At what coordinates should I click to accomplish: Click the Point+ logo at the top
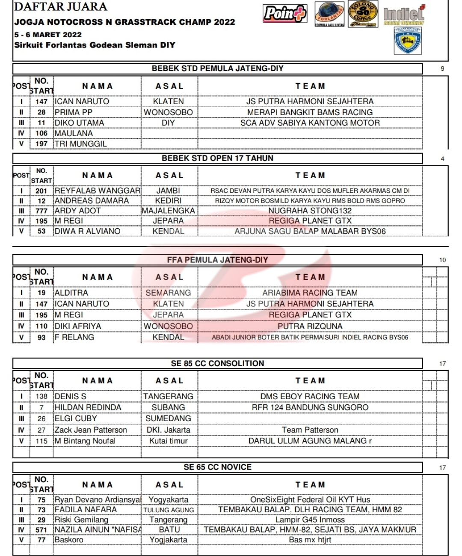284,13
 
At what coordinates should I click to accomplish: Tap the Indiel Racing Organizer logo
404,16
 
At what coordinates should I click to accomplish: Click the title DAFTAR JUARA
60,6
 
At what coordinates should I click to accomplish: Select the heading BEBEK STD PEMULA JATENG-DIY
217,69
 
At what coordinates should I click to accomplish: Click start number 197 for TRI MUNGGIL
41,144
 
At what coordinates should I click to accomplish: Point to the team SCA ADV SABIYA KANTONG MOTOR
310,123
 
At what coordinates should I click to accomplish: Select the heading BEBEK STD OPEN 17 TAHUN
217,158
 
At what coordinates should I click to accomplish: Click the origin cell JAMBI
168,191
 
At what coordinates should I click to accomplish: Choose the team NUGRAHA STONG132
310,211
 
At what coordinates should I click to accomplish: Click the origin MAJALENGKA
168,211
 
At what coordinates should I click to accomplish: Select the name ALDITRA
71,293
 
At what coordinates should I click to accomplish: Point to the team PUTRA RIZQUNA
310,326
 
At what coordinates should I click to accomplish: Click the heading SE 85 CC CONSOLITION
217,364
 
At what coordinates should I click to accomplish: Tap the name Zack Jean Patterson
91,430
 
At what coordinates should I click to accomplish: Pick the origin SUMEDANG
168,418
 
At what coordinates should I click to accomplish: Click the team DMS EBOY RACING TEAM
310,397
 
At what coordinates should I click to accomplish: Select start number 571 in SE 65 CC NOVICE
41,530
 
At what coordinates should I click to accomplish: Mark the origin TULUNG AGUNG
168,510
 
